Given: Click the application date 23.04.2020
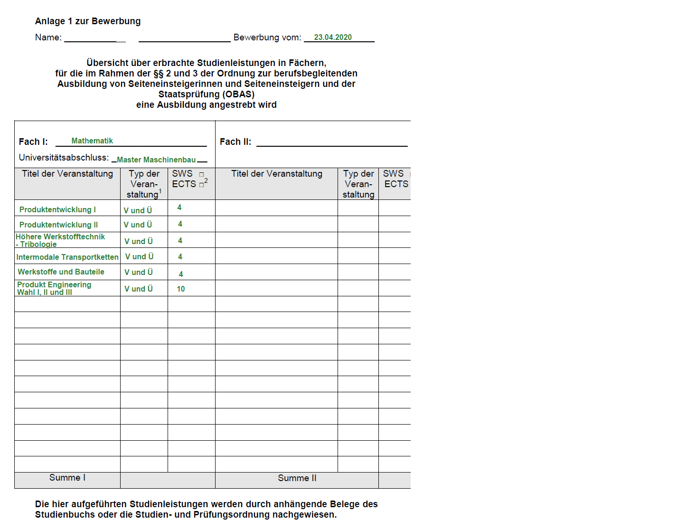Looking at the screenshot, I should [x=333, y=38].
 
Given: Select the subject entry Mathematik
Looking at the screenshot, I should [x=92, y=141].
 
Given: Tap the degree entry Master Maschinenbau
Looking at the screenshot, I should [x=156, y=160].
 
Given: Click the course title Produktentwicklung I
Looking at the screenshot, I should [x=57, y=210].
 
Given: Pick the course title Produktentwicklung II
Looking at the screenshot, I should [x=58, y=225].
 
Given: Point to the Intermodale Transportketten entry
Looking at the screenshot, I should [x=67, y=257].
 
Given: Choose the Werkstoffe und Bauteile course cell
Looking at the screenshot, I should [x=61, y=272].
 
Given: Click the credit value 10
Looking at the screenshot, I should [x=181, y=289].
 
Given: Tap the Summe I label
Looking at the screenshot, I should [x=67, y=478].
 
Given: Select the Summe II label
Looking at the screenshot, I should [x=297, y=478].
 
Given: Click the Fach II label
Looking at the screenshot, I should [x=235, y=142].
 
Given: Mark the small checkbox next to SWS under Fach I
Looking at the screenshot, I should [x=202, y=175].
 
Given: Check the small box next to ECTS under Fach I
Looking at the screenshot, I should [x=202, y=185].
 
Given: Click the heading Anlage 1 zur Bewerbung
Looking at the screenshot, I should [x=88, y=21].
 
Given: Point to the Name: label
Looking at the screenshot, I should [x=48, y=38].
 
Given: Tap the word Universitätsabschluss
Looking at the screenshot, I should [x=64, y=158].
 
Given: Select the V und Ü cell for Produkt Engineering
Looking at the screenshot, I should [x=139, y=289].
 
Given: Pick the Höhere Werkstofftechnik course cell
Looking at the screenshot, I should [x=60, y=240].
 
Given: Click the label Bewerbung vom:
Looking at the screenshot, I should [x=267, y=38].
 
